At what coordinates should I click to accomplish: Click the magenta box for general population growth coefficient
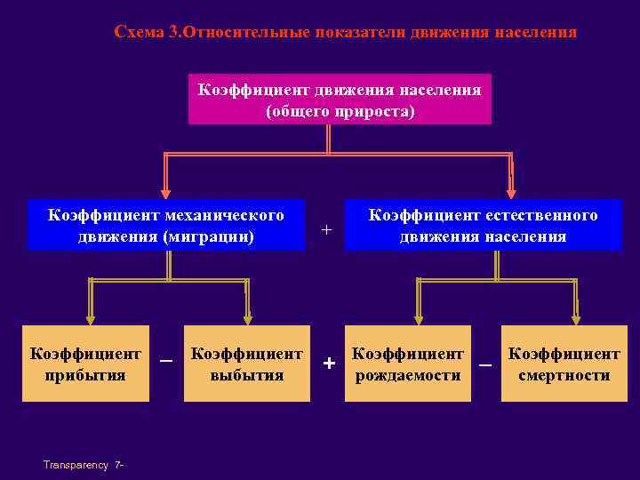click(340, 100)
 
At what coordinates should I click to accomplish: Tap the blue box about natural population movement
click(483, 226)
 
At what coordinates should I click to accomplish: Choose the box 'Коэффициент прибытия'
click(85, 364)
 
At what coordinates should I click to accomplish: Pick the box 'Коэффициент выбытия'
click(247, 364)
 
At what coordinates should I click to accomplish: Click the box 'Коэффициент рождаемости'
click(408, 364)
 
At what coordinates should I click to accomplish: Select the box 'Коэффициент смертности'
click(564, 364)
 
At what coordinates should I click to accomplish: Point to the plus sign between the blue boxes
click(326, 229)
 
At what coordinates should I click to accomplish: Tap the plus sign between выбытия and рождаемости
click(329, 364)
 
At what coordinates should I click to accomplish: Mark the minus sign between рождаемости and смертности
click(485, 364)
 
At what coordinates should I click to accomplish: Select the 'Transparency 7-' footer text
click(83, 465)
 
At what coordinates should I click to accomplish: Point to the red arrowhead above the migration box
click(165, 190)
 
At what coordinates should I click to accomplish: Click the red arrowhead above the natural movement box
click(511, 190)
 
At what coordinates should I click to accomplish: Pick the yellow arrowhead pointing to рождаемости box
click(415, 317)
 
